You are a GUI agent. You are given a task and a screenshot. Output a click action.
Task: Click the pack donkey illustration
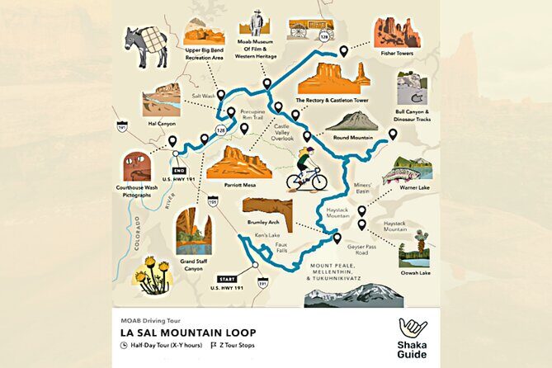[x=146, y=45]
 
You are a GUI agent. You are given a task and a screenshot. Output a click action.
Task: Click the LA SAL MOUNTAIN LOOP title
[x=178, y=332]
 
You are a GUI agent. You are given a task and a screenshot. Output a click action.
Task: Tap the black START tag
[x=225, y=279]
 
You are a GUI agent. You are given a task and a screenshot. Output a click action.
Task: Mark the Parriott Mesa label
[x=239, y=185]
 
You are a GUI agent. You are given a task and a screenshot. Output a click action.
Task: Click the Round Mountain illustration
[x=351, y=121]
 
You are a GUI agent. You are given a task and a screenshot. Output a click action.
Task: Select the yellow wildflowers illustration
[x=153, y=274]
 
